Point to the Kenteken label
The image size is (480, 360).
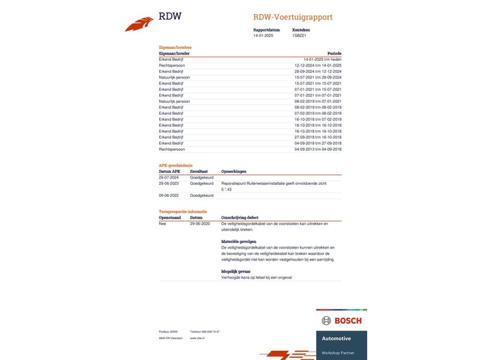(301, 30)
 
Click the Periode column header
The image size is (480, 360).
(334, 53)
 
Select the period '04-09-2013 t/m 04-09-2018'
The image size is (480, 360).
(318, 149)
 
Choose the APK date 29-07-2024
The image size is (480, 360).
(170, 177)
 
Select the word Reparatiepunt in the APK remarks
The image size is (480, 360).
(235, 184)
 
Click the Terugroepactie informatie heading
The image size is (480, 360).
(184, 211)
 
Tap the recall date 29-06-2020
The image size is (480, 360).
(200, 223)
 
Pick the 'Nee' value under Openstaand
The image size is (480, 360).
(163, 223)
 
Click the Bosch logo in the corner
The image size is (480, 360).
(342, 321)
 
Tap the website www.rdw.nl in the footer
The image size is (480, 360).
(197, 338)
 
